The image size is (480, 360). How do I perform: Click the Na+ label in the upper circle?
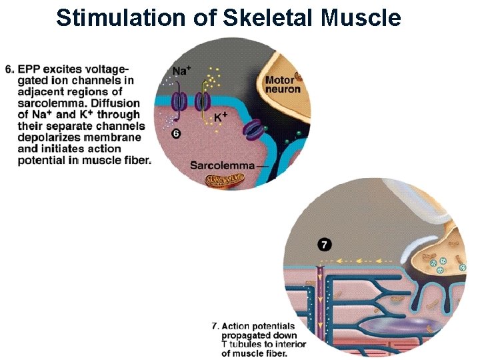180,71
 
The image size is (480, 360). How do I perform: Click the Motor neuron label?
283,85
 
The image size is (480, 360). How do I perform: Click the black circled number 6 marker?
176,133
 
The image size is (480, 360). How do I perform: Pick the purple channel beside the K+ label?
202,101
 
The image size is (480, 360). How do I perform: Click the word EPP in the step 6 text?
29,70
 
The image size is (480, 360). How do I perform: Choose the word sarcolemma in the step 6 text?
47,103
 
